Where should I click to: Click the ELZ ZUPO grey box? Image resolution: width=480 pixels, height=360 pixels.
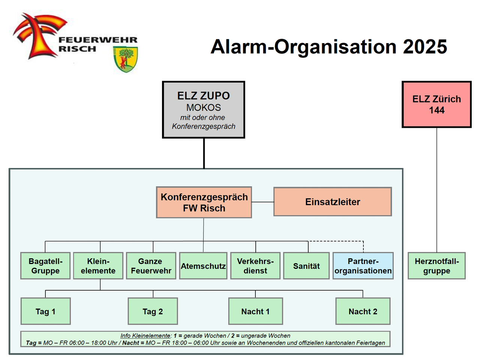click(204, 110)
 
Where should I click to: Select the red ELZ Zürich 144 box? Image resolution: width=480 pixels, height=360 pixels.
click(436, 105)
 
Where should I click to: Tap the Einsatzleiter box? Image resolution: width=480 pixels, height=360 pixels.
click(333, 202)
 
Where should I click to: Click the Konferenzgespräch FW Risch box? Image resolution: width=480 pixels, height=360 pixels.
click(204, 202)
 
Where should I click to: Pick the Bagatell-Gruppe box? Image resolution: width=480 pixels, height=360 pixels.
click(45, 266)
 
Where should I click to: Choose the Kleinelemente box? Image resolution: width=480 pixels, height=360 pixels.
click(98, 266)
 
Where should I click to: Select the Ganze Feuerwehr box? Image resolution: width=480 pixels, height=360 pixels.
click(151, 266)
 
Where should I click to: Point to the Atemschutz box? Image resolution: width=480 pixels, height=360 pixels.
click(203, 266)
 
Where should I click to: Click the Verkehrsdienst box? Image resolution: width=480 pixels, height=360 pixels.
click(255, 266)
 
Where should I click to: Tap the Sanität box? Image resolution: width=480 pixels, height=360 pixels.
click(306, 266)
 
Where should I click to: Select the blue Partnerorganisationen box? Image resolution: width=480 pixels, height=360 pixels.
click(363, 266)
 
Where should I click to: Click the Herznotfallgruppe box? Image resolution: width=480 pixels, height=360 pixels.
click(436, 266)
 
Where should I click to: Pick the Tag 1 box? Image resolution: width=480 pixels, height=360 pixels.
click(45, 311)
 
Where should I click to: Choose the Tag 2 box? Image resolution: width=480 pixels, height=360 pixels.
click(153, 311)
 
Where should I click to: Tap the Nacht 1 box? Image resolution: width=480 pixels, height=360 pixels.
click(255, 311)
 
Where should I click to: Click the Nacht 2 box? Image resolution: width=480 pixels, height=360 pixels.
click(363, 311)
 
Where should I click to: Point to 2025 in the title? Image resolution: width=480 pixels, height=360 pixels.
click(425, 47)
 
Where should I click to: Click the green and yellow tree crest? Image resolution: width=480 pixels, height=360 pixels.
click(126, 59)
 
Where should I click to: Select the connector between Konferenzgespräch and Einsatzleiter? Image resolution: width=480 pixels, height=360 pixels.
click(262, 202)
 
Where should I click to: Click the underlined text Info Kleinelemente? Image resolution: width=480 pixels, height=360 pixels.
click(145, 336)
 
